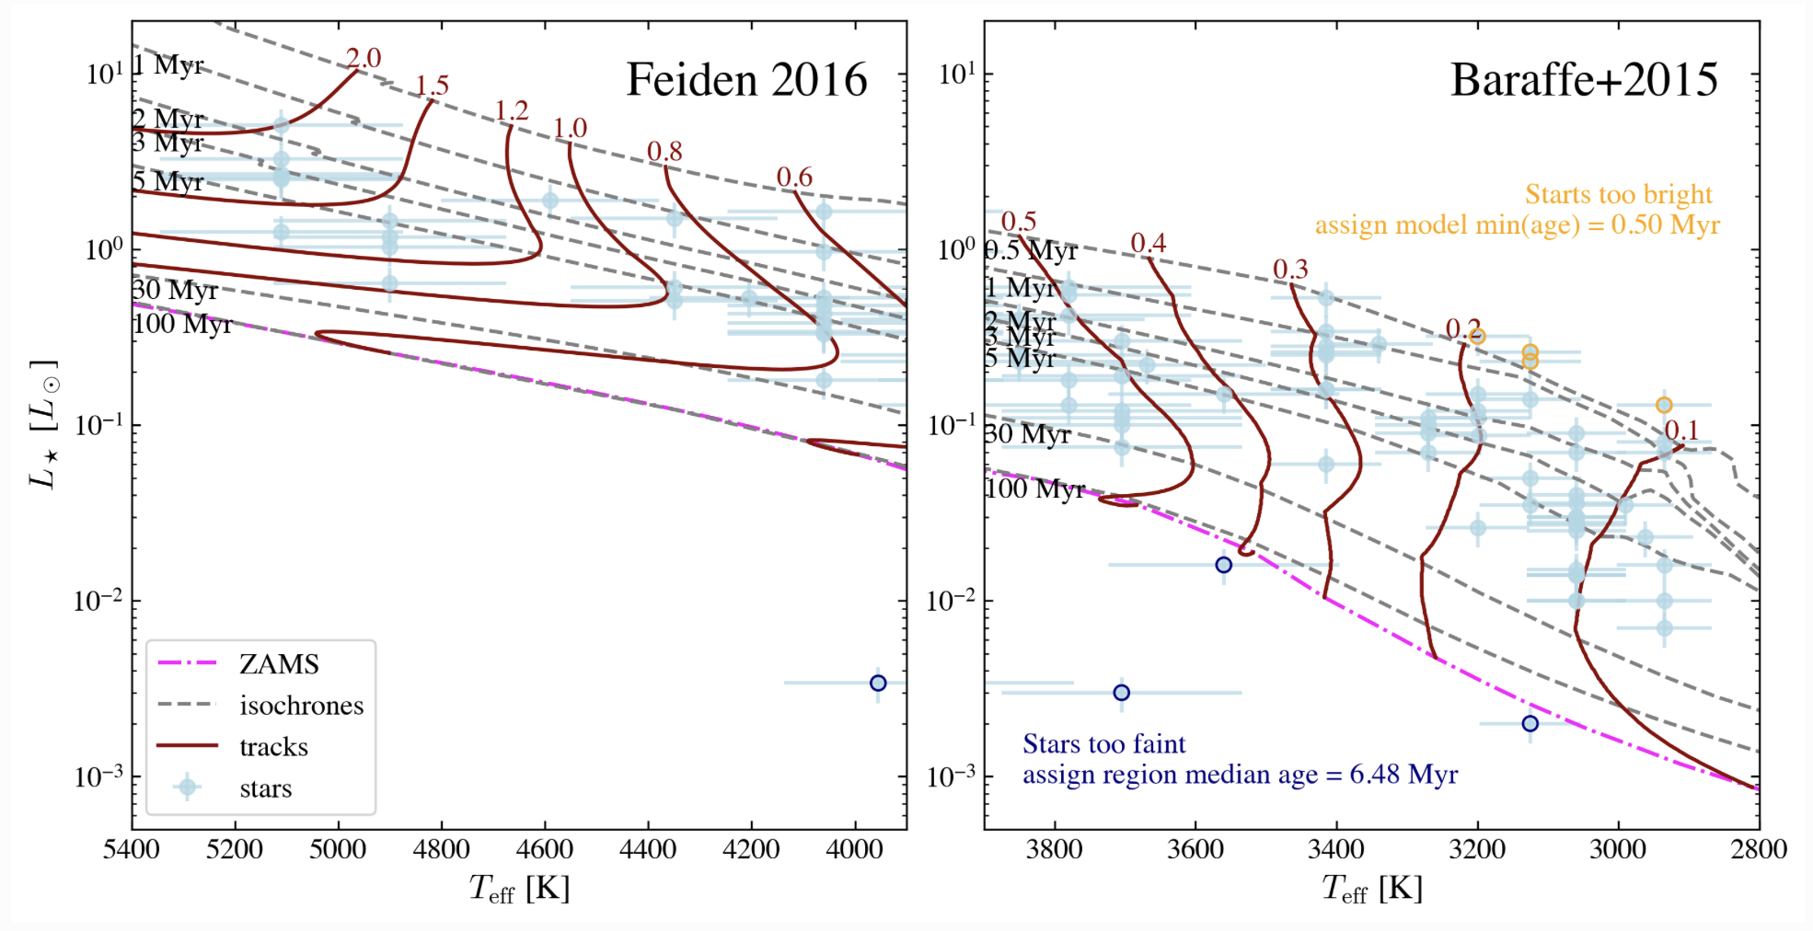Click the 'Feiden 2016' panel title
[746, 80]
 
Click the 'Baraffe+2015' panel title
[1584, 80]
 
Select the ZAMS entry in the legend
[279, 664]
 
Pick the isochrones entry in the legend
[301, 706]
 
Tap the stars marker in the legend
[188, 787]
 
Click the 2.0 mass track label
[364, 58]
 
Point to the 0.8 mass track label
[664, 151]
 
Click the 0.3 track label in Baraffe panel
[1290, 269]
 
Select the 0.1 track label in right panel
[1681, 430]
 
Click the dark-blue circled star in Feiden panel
[878, 683]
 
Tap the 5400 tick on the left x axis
[132, 850]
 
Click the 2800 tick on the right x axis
[1759, 850]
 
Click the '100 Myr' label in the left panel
[182, 324]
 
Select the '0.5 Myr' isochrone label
[1031, 250]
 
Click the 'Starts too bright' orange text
[1618, 194]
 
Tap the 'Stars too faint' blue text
[1103, 743]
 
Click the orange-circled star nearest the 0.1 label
[1664, 405]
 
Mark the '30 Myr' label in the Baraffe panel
[1028, 433]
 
